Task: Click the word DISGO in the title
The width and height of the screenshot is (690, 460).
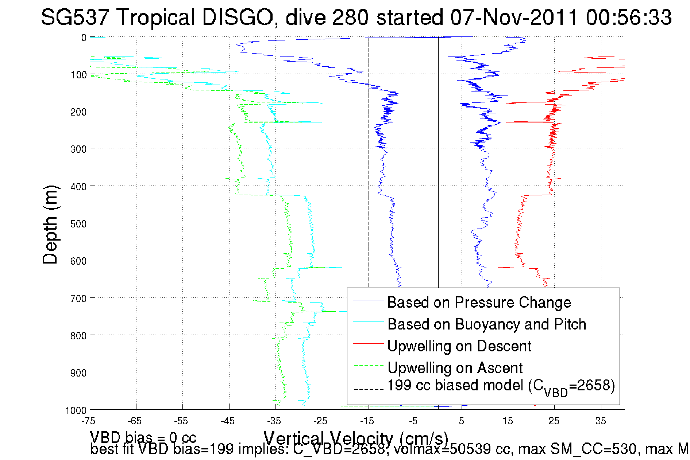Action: [237, 17]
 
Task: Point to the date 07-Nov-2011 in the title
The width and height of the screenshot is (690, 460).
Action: [514, 17]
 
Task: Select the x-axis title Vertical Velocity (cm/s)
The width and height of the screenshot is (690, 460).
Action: [356, 437]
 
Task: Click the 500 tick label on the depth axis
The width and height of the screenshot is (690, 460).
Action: [78, 224]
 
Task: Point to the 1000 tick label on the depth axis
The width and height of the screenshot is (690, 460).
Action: [76, 410]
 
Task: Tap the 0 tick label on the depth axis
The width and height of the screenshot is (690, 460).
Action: [84, 38]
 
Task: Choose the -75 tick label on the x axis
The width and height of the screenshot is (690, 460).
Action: [89, 421]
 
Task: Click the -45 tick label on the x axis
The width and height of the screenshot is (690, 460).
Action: [228, 421]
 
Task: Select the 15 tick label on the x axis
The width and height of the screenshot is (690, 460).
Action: [508, 421]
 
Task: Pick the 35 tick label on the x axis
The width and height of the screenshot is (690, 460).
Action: [601, 421]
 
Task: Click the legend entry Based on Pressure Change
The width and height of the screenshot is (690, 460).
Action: [479, 302]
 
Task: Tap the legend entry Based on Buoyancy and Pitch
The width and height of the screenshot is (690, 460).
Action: [486, 324]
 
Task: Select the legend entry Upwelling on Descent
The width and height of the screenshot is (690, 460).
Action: [459, 346]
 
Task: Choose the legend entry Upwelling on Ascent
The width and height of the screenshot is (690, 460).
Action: [455, 368]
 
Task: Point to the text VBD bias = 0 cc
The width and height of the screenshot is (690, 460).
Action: [143, 437]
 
